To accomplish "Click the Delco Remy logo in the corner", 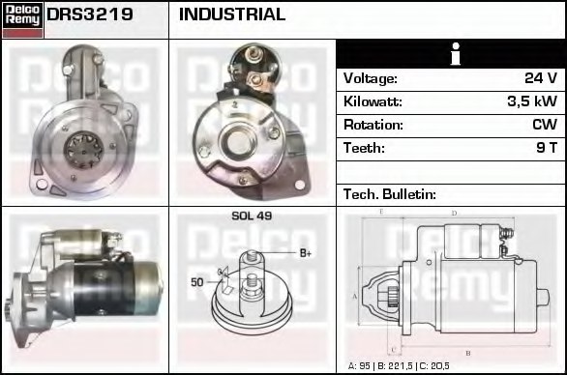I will click(22, 19).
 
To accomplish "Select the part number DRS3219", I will click(90, 14).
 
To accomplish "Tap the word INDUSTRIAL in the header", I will click(232, 14).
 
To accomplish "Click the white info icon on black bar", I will click(452, 54).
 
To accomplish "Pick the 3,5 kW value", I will click(532, 101).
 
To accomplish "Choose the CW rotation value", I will click(544, 125).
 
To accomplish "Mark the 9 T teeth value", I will click(547, 148).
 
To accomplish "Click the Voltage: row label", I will click(370, 78).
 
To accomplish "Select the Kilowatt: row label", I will click(373, 101).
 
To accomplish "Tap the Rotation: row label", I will click(372, 125).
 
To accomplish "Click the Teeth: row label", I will click(364, 148).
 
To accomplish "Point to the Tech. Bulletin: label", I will click(390, 194).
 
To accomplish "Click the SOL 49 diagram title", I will click(252, 216).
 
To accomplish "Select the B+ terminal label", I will click(305, 253).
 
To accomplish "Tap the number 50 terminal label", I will click(197, 281).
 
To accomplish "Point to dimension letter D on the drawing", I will click(454, 213).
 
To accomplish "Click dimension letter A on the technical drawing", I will click(355, 294).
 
